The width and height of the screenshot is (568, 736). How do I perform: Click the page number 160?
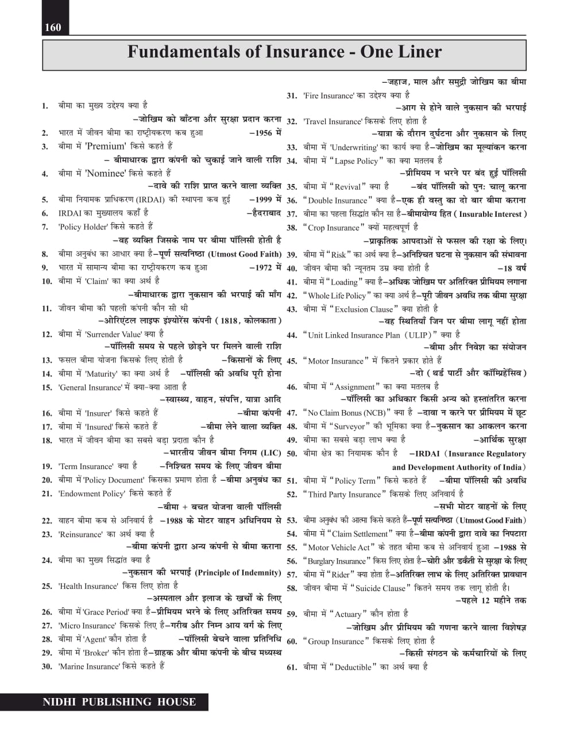pos(52,27)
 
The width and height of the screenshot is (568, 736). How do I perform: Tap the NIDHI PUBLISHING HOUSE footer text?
pos(119,702)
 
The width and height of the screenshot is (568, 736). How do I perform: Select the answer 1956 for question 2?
pos(265,133)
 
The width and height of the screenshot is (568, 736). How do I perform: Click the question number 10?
pos(47,281)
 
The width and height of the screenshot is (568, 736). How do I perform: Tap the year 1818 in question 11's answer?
pos(229,321)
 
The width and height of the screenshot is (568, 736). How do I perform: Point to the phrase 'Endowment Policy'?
pos(91,493)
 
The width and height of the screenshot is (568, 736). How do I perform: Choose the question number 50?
pos(292,454)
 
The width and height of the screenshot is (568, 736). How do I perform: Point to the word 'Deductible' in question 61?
pos(353,667)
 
